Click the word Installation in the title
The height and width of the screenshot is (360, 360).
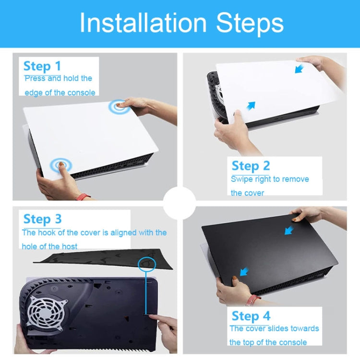(x=143, y=23)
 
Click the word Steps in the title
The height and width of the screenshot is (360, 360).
(x=250, y=24)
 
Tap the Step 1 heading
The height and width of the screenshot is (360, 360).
(x=42, y=66)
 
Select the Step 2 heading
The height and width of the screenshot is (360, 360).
(x=251, y=166)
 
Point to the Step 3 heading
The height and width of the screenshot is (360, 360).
(x=42, y=219)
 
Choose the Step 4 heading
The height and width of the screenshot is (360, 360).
(x=251, y=316)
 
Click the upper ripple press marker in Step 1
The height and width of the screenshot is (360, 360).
(x=120, y=107)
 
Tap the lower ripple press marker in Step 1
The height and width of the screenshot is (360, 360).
(x=61, y=165)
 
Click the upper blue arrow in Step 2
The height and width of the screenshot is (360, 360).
(x=299, y=69)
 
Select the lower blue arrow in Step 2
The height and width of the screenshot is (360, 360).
(x=251, y=106)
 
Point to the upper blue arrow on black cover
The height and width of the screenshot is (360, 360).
(x=289, y=230)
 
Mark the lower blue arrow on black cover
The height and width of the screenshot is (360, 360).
(x=244, y=272)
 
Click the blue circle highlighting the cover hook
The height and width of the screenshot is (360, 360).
(x=147, y=264)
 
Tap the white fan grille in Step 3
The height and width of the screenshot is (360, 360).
(x=47, y=311)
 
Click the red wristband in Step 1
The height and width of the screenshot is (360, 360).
(x=83, y=197)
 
